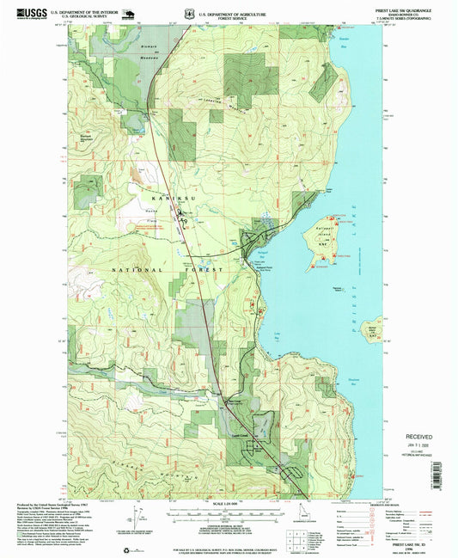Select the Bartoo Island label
pyautogui.click(x=369, y=328)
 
